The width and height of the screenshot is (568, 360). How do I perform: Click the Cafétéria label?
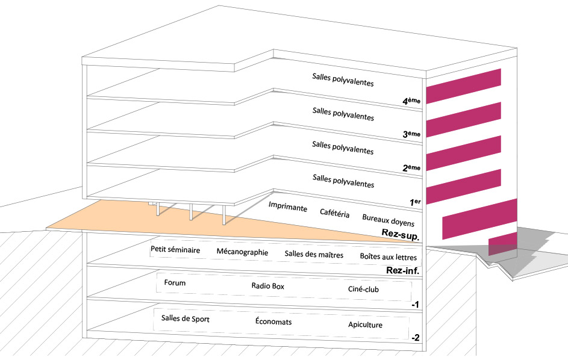tap(334, 213)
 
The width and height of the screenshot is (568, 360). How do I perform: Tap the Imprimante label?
tap(288, 207)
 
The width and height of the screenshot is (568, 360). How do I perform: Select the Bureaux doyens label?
tap(388, 220)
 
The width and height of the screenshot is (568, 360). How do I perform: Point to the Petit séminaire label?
tap(175, 250)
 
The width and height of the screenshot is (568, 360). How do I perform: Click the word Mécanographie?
tap(242, 252)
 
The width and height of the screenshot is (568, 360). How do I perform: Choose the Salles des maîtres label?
tap(314, 254)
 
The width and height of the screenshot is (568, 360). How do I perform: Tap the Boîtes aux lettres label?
tap(389, 257)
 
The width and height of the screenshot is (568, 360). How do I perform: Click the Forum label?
tap(175, 282)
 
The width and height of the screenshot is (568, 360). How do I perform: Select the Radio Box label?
tap(267, 286)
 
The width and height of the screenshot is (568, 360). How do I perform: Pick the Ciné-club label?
tap(363, 289)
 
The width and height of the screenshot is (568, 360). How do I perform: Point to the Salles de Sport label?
tap(185, 318)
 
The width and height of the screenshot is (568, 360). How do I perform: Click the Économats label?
tap(273, 321)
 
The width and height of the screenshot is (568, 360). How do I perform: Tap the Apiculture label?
tap(365, 324)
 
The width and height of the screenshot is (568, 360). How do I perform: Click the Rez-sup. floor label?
tap(401, 235)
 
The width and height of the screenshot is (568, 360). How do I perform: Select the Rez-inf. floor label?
tap(402, 270)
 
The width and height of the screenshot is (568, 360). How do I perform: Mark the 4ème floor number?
tap(411, 101)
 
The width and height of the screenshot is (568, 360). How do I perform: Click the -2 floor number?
tap(416, 338)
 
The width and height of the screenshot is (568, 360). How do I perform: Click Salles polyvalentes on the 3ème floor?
tap(343, 114)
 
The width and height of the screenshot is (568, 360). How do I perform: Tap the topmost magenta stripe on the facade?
tap(463, 86)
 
